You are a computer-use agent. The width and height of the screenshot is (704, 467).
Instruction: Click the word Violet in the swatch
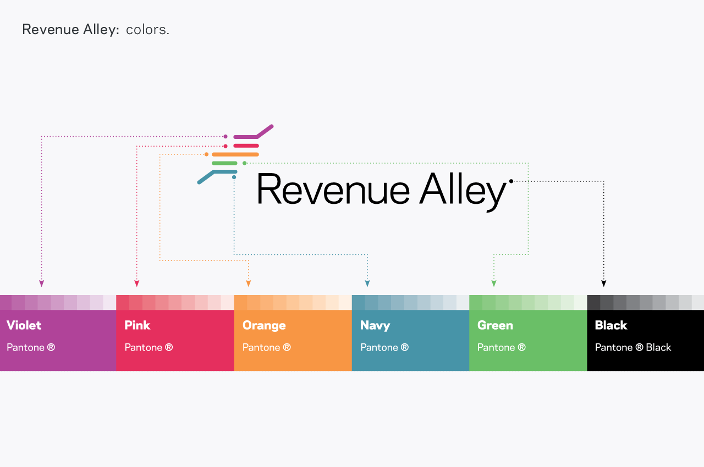[x=24, y=325]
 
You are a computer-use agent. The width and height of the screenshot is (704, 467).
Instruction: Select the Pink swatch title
[x=137, y=325]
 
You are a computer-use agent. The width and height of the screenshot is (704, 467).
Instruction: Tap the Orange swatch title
[x=264, y=325]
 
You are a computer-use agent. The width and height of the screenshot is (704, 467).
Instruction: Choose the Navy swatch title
[x=375, y=325]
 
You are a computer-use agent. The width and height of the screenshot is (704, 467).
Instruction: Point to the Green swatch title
[x=495, y=325]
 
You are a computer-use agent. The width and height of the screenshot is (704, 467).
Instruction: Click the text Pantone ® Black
[x=633, y=347]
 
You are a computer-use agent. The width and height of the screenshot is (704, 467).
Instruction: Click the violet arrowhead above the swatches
[x=41, y=283]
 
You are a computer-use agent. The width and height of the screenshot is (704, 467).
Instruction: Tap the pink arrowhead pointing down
[x=137, y=283]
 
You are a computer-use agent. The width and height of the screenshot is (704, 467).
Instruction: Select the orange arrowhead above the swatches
[x=248, y=283]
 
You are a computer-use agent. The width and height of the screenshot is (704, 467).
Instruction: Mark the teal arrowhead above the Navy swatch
[x=367, y=283]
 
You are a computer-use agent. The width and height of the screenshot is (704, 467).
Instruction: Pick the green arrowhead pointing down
[x=494, y=283]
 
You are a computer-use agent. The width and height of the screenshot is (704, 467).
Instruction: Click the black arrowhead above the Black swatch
[x=604, y=283]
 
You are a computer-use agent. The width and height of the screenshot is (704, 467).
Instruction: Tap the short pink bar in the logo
[x=246, y=146]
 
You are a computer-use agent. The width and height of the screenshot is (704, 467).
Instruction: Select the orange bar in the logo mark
[x=235, y=154]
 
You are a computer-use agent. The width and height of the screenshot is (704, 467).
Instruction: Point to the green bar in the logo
[x=224, y=163]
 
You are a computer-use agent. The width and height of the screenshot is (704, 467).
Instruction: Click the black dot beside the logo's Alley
[x=512, y=181]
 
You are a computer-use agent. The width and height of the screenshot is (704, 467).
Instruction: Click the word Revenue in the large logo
[x=333, y=189]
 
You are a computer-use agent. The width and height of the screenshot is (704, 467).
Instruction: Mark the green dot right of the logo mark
[x=245, y=163]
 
